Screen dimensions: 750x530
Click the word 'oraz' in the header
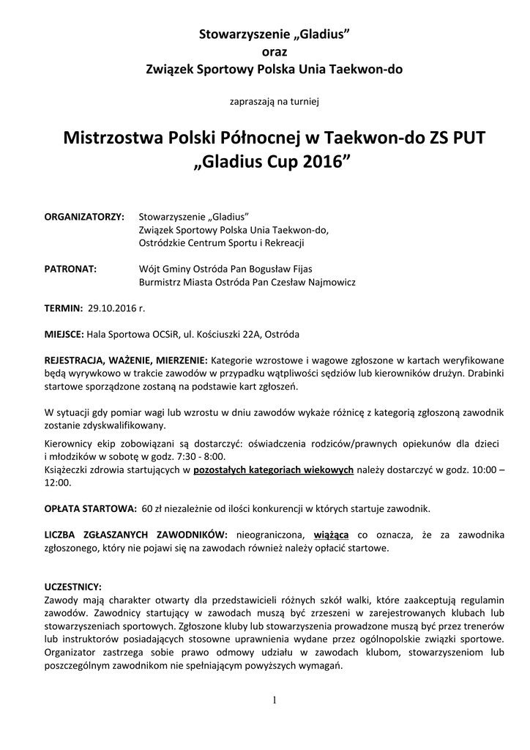(275, 51)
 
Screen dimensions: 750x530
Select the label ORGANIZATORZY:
(85, 218)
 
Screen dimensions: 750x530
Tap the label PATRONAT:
(71, 269)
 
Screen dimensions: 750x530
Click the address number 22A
(252, 334)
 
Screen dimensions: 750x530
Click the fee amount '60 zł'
(151, 508)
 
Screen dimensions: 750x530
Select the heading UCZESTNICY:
(73, 587)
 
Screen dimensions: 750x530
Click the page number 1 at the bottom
(274, 700)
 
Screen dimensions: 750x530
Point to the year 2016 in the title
(318, 162)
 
